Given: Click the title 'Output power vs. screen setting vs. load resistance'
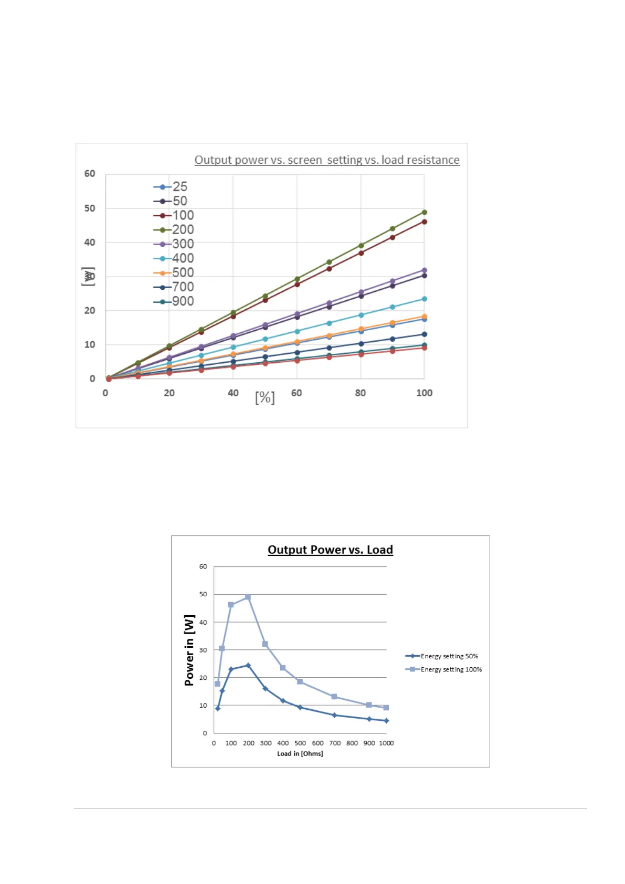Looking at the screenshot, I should (x=327, y=160).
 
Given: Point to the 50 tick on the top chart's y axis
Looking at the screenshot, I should (x=90, y=208).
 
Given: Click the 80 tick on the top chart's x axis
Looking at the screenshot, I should (x=361, y=393).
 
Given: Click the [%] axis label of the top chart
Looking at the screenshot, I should (x=265, y=397).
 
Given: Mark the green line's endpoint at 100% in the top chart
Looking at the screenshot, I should (x=425, y=213).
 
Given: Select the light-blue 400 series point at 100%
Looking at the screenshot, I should (x=425, y=299).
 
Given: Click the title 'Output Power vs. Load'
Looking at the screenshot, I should (x=330, y=550).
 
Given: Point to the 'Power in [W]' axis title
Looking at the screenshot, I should (x=189, y=650).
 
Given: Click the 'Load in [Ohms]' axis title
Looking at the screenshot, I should (x=300, y=754).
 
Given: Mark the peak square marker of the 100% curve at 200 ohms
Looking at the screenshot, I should (x=248, y=597).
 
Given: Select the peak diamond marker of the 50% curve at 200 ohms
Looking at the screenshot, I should (x=248, y=666).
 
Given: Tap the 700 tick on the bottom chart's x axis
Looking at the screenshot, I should (x=335, y=743).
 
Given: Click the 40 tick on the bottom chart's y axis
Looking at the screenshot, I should (x=203, y=622).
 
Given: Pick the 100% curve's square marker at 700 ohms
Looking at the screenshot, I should (x=334, y=697).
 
